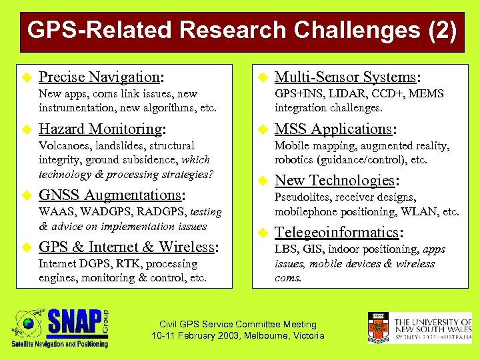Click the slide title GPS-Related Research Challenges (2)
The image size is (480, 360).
pos(242,30)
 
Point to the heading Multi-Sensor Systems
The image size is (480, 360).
pos(345,77)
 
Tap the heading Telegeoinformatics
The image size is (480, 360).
pos(337,233)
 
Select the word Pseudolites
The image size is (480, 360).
pos(303,197)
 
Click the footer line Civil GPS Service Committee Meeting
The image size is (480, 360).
pos(238,324)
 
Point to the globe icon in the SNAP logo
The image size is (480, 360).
pos(28,325)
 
